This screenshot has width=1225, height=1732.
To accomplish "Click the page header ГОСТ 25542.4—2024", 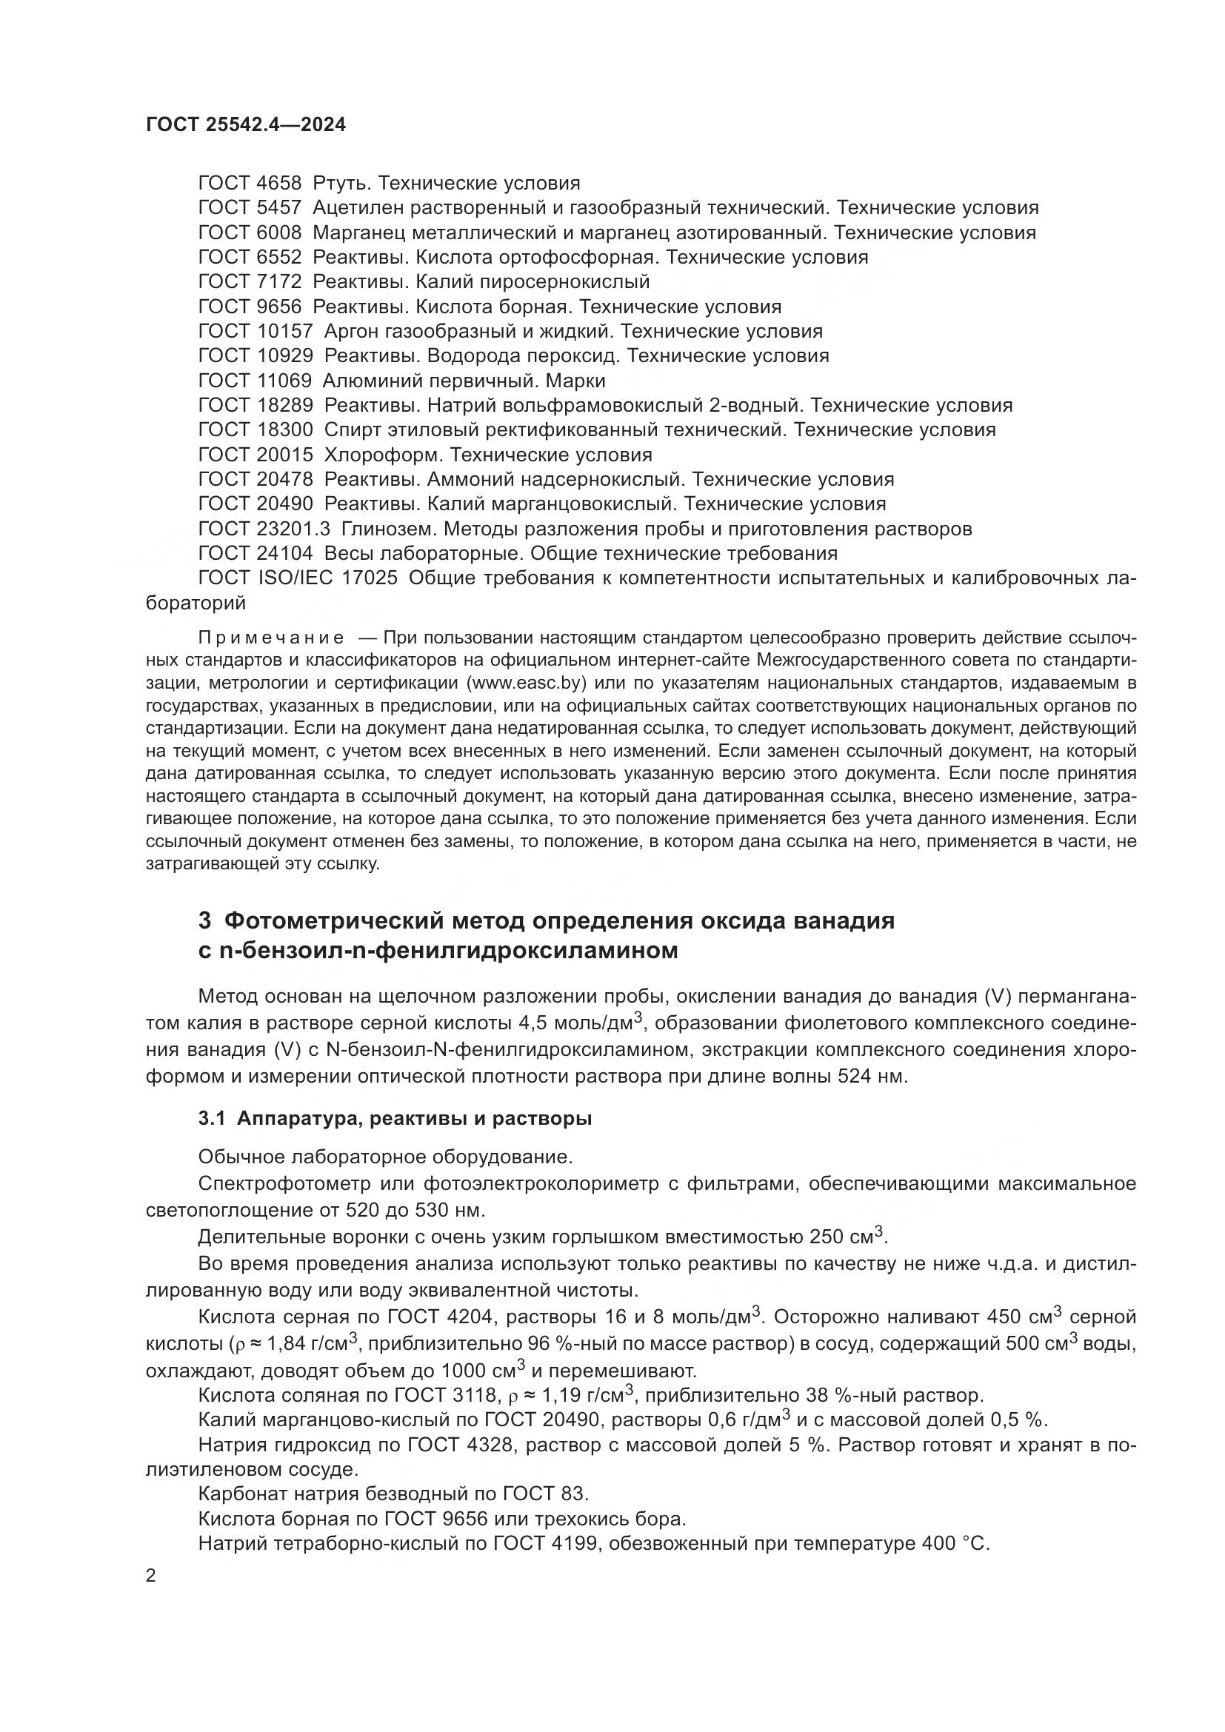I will click(x=246, y=125).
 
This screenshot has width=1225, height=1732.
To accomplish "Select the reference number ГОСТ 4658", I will click(x=250, y=184).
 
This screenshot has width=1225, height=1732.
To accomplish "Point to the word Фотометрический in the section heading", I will click(x=332, y=920).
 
